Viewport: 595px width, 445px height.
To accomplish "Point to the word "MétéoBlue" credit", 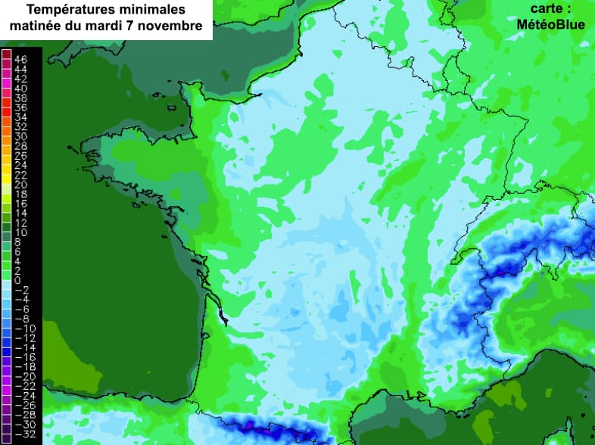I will pos(550,24).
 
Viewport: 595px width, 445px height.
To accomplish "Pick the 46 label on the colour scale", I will pos(20,59).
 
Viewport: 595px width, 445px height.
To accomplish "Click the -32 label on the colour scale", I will pos(20,434).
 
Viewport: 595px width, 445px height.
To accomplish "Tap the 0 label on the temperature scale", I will pos(17,280).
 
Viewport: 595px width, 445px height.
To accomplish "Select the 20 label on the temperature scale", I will pos(20,184).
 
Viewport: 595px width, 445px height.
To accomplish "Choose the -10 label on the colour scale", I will pos(20,328).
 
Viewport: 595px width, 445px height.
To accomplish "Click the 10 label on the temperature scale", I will pos(20,232).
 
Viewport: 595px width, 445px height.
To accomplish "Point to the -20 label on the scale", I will pos(20,376).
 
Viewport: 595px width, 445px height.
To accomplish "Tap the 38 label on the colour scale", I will pos(20,98).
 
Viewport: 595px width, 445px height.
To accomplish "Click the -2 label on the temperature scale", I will pos(20,290).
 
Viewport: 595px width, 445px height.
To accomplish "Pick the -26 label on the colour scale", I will pos(20,405).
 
